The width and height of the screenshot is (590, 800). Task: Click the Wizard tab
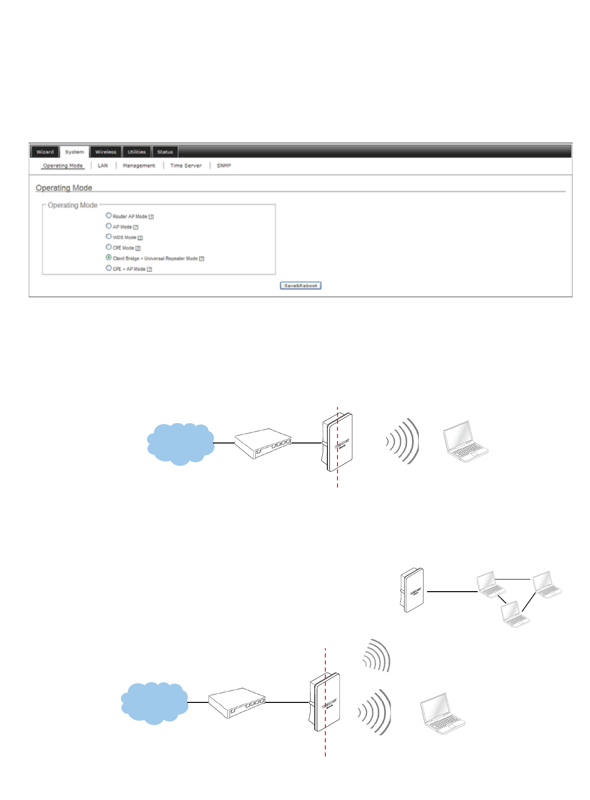(45, 152)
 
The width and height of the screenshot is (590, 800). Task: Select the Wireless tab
(106, 152)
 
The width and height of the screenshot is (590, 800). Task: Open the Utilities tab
(137, 152)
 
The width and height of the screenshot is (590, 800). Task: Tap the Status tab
(165, 152)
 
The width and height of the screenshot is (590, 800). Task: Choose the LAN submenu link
(103, 165)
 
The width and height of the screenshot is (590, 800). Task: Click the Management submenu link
(139, 165)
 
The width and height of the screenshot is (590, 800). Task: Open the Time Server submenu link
(186, 165)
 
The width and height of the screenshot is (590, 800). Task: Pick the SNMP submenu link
(224, 165)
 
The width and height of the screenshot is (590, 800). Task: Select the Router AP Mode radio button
(109, 215)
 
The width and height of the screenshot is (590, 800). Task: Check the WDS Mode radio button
(109, 237)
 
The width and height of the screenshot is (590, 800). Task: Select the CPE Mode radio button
(109, 247)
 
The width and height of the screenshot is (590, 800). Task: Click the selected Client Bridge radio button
(109, 257)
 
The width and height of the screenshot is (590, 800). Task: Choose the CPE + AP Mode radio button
(109, 268)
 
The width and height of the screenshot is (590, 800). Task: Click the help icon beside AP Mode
(136, 227)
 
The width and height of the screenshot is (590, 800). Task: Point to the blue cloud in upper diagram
(180, 443)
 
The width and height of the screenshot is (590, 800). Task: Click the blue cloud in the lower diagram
(154, 702)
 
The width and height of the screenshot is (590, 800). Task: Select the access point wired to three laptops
(412, 590)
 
